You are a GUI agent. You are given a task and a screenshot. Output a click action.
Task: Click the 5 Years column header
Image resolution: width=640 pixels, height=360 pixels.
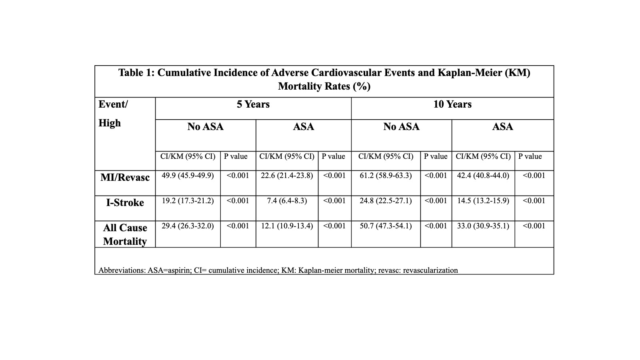tap(253, 104)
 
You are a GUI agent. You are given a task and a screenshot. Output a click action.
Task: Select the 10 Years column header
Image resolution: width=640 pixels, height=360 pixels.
tap(452, 104)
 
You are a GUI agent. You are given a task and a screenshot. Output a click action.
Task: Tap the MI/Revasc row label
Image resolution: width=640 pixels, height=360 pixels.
tap(125, 177)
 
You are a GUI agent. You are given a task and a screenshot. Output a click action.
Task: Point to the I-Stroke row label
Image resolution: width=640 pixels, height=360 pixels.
tap(125, 202)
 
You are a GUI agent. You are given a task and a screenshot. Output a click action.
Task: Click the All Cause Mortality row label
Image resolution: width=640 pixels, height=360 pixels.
tap(125, 234)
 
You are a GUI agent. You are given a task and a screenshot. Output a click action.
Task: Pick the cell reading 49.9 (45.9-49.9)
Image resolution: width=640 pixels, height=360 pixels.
tap(188, 176)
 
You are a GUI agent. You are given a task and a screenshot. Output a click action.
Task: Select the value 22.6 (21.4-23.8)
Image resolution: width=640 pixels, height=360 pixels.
tap(287, 176)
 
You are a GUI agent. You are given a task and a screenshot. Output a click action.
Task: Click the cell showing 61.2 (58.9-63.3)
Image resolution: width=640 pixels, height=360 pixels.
tap(386, 176)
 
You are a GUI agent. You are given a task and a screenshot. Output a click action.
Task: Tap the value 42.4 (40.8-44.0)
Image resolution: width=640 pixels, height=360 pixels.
tap(483, 176)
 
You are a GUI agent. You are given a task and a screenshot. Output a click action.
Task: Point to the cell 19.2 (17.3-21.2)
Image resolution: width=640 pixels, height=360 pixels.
tap(188, 201)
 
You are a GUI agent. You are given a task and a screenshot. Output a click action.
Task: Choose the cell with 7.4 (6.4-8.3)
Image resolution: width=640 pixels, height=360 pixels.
tap(287, 201)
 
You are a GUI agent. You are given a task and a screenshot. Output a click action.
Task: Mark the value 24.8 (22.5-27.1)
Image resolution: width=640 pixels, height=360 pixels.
tap(386, 201)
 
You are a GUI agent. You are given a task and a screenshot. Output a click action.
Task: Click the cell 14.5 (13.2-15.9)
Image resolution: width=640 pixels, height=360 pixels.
tap(483, 201)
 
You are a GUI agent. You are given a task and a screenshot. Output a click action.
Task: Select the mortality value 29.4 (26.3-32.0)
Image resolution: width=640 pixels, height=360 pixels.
tap(188, 226)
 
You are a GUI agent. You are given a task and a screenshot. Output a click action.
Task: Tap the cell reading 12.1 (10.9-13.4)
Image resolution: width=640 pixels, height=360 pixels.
tap(287, 226)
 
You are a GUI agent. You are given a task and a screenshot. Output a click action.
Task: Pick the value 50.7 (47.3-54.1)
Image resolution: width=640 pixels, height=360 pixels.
tap(386, 226)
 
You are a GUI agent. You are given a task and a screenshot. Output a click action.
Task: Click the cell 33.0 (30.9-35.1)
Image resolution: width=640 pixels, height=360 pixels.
tap(483, 226)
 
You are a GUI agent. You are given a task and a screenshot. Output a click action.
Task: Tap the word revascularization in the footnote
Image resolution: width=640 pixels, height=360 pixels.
tap(430, 270)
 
